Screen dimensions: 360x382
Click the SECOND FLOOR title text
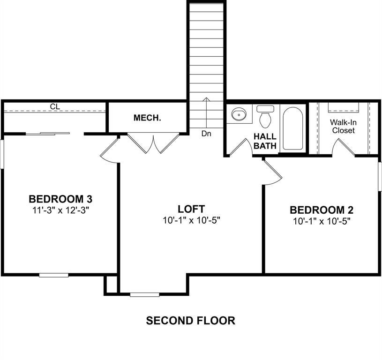pyautogui.click(x=190, y=321)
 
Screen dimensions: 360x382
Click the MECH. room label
pyautogui.click(x=147, y=118)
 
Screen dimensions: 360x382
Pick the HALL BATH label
pyautogui.click(x=266, y=141)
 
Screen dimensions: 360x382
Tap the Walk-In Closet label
pyautogui.click(x=343, y=126)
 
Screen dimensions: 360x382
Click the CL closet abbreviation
pyautogui.click(x=55, y=107)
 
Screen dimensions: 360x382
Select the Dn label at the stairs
pyautogui.click(x=206, y=134)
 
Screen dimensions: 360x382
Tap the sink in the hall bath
pyautogui.click(x=239, y=114)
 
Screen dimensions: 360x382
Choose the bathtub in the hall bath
pyautogui.click(x=293, y=128)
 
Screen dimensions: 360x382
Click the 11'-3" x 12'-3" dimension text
pyautogui.click(x=60, y=210)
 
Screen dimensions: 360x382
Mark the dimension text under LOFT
pyautogui.click(x=191, y=220)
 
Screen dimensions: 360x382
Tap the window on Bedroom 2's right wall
pyautogui.click(x=380, y=176)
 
